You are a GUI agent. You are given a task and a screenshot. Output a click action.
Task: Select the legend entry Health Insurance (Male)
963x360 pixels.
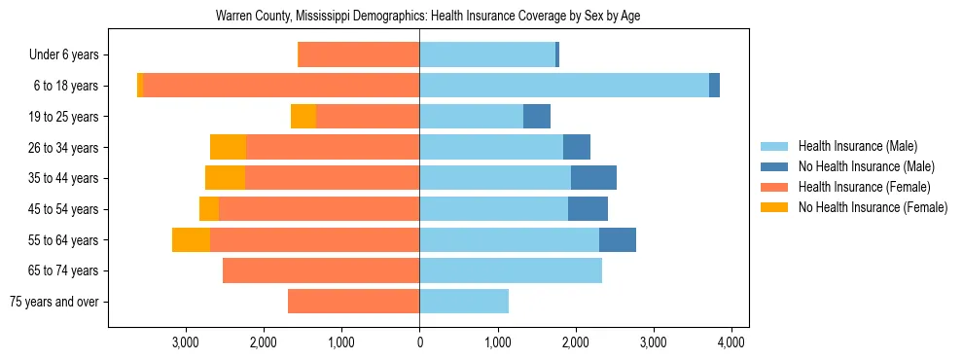(x=857, y=146)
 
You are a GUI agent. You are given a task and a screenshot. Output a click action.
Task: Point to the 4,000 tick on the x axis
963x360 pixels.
(x=731, y=342)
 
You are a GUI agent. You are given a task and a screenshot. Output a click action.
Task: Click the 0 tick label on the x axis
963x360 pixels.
(x=419, y=342)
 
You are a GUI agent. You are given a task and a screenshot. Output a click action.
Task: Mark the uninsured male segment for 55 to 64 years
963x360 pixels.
(x=618, y=239)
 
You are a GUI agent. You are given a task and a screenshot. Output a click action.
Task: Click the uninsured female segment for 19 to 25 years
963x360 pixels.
(x=303, y=117)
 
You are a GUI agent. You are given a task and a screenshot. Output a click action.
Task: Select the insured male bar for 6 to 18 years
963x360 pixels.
(x=564, y=86)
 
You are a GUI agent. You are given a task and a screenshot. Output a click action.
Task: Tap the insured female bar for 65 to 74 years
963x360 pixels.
(x=321, y=270)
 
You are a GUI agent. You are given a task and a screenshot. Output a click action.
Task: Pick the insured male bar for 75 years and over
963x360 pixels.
(x=464, y=302)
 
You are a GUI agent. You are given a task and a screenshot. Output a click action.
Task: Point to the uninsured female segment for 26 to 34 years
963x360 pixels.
(x=228, y=147)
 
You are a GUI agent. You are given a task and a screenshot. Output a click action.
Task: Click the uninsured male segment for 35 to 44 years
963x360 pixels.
(x=593, y=178)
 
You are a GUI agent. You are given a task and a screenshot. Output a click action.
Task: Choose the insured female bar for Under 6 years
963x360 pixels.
(x=358, y=55)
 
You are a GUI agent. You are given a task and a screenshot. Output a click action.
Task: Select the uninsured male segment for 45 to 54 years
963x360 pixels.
(x=588, y=209)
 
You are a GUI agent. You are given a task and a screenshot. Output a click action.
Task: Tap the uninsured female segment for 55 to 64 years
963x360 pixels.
(x=191, y=239)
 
